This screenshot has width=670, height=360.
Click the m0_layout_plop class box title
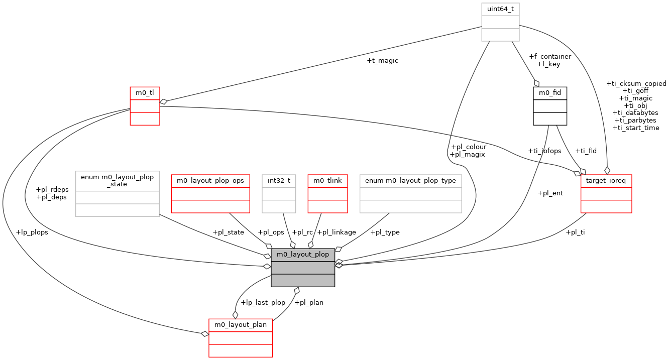(x=303, y=255)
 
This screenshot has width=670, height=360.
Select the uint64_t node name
(x=500, y=9)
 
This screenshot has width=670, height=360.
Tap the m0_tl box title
(x=145, y=93)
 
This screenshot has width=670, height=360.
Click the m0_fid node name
(x=550, y=93)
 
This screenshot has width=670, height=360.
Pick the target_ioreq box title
(x=606, y=181)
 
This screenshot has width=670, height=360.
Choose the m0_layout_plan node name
(x=241, y=325)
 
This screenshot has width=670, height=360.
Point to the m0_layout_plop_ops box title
(x=210, y=181)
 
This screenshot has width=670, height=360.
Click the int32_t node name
(x=279, y=181)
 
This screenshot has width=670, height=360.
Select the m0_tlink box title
(x=327, y=181)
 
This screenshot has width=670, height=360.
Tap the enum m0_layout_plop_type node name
(x=410, y=181)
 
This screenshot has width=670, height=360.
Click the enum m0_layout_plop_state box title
(x=117, y=180)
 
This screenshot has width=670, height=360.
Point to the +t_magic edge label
(x=383, y=61)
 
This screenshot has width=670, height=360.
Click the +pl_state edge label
(x=228, y=232)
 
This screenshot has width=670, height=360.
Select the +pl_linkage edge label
(x=337, y=232)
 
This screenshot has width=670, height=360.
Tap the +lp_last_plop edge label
(x=263, y=303)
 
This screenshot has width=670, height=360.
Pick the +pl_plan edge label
(x=309, y=303)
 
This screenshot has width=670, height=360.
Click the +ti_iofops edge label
(x=545, y=151)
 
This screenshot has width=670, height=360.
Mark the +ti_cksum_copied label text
(x=636, y=84)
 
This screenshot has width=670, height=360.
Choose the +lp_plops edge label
(x=32, y=232)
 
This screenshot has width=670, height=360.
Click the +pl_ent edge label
(x=550, y=193)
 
